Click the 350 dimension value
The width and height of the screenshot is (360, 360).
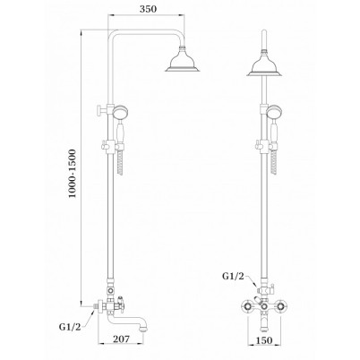[148, 9]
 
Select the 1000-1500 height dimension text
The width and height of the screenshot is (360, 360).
[73, 173]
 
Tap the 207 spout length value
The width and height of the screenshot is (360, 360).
[121, 339]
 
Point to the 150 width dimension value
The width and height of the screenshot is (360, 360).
[264, 340]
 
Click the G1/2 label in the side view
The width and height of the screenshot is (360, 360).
[70, 327]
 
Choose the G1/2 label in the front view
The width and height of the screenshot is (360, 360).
[233, 276]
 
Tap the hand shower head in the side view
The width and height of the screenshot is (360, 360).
[121, 113]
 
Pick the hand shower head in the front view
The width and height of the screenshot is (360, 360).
[272, 113]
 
